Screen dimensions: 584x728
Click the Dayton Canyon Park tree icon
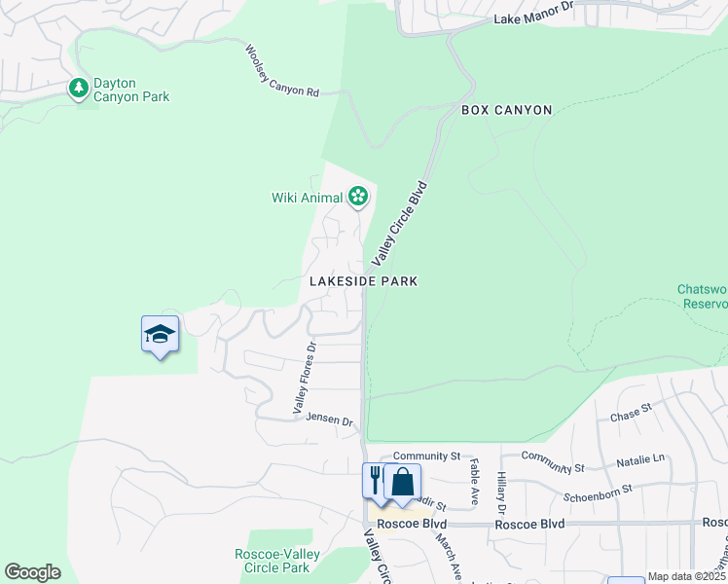click(x=78, y=89)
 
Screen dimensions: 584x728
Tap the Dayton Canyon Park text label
click(x=131, y=91)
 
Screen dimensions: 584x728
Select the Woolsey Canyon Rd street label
click(x=282, y=71)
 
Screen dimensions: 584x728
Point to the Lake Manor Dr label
click(x=534, y=18)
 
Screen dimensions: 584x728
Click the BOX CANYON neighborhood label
click(x=506, y=111)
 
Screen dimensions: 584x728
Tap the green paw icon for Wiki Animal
click(x=358, y=198)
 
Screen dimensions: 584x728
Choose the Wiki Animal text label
click(x=306, y=198)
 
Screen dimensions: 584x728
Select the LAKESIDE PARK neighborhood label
click(x=363, y=281)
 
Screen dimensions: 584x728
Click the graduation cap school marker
click(x=160, y=335)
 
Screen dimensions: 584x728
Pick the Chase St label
click(x=630, y=414)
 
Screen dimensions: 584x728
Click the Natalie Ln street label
click(x=643, y=457)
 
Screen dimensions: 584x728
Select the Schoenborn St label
click(x=598, y=493)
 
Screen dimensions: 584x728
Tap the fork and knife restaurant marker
click(x=376, y=481)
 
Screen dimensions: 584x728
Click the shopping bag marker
click(x=402, y=482)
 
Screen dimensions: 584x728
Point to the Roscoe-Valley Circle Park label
click(x=273, y=561)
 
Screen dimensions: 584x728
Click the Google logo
click(x=32, y=572)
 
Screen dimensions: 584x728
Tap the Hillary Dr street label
click(x=501, y=494)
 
